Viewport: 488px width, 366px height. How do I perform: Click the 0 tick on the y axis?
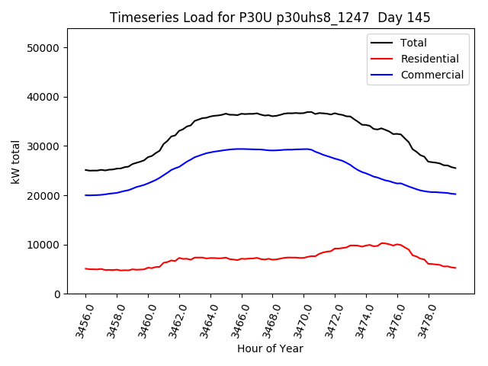57,294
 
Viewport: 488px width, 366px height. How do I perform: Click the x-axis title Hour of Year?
270,348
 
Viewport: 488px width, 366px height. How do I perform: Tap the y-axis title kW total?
15,162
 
